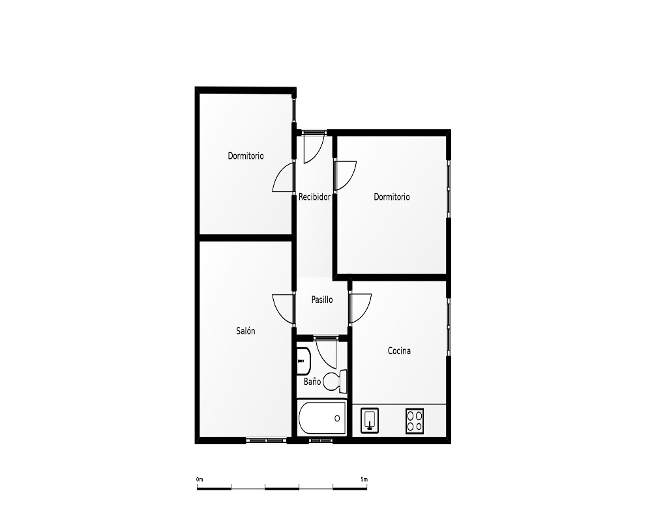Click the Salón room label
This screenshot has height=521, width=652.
click(245, 331)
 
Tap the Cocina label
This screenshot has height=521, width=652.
click(399, 350)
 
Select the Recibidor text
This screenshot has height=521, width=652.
click(314, 197)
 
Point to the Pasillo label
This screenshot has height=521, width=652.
click(322, 300)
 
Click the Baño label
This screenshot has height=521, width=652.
click(312, 381)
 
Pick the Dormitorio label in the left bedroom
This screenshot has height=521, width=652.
click(246, 156)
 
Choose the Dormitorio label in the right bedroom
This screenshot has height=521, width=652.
click(392, 197)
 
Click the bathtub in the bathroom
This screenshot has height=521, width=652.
click(322, 418)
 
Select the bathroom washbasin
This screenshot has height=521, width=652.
click(304, 361)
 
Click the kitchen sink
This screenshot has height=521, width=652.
click(370, 421)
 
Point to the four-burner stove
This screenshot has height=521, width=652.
click(415, 421)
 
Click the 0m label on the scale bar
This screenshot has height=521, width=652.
click(200, 479)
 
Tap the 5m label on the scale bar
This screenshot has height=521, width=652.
click(364, 479)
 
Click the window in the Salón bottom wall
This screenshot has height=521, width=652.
click(267, 440)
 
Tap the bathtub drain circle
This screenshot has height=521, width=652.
click(337, 418)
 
